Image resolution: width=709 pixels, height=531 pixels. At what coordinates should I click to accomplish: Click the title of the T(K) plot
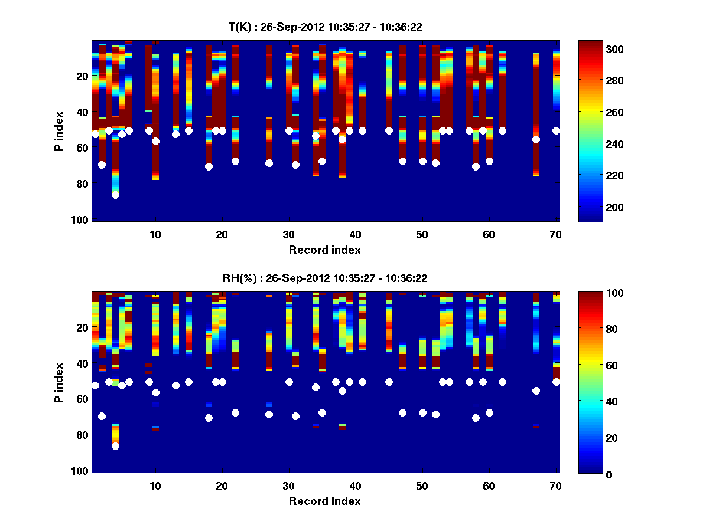tap(325, 27)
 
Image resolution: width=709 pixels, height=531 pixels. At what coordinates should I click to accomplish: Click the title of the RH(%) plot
tap(325, 278)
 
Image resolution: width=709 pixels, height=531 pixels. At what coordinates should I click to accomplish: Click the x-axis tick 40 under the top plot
tap(356, 234)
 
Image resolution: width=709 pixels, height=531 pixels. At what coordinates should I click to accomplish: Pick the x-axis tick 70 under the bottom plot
tap(556, 486)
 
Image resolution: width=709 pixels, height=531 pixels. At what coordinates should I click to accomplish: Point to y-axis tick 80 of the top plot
tap(82, 184)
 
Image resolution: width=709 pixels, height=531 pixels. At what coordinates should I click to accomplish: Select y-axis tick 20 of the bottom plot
tap(82, 327)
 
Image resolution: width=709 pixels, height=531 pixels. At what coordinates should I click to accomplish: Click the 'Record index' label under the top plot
tap(325, 250)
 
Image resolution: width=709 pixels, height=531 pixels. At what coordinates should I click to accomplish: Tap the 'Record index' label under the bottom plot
tap(325, 501)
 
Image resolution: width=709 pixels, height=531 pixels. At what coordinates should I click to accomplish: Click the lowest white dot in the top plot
tap(115, 195)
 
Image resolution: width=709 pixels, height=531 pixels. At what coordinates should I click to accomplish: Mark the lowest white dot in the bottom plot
tap(115, 446)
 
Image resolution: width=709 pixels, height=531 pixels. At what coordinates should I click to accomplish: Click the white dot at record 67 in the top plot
tap(536, 139)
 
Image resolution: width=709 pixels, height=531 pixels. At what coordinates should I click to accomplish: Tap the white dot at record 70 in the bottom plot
tap(556, 382)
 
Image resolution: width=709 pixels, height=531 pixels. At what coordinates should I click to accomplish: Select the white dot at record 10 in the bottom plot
tap(155, 392)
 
